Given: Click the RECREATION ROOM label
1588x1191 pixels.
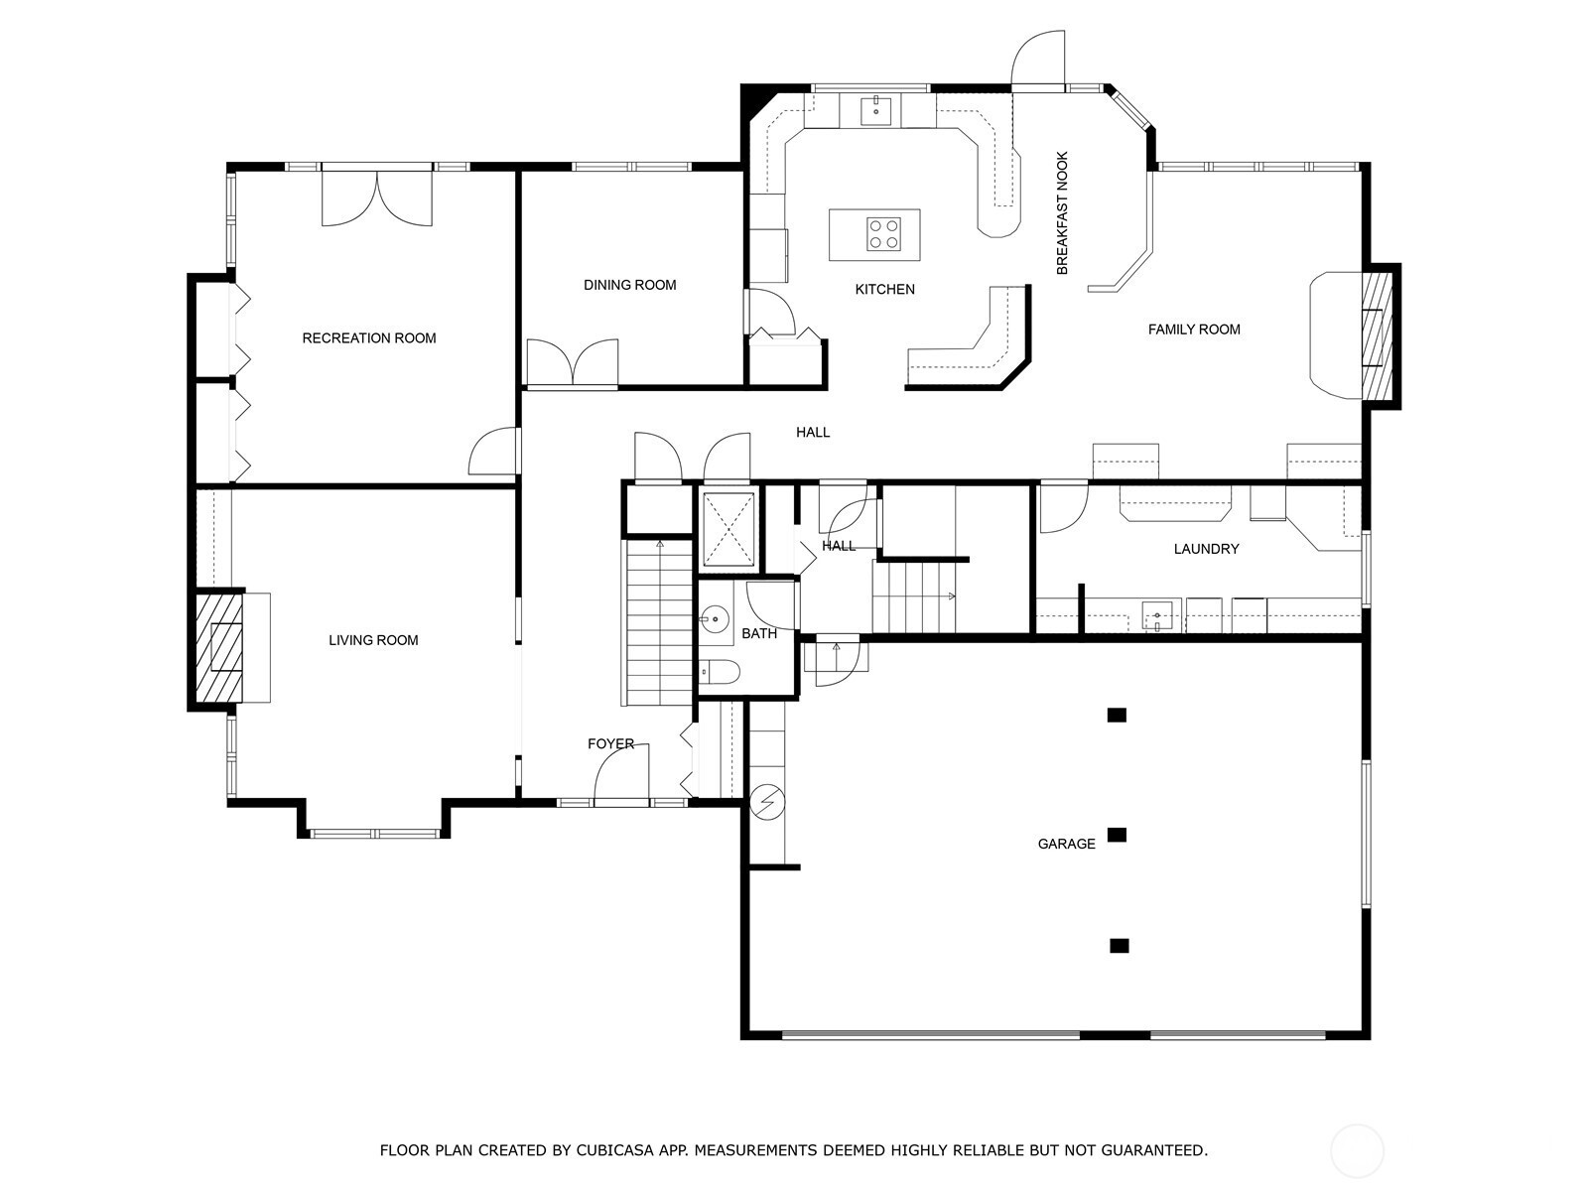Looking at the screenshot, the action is click(x=369, y=337).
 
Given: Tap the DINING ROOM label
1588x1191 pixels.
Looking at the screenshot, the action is click(x=629, y=285).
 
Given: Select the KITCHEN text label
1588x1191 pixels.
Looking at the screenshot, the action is click(x=884, y=289).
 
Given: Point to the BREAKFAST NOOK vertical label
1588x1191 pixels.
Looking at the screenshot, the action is click(x=1062, y=212).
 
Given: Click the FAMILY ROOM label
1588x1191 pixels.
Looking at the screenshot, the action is click(x=1194, y=330).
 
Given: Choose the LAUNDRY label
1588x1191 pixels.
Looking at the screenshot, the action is click(x=1206, y=549).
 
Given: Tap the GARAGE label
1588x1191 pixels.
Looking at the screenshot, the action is click(x=1066, y=844).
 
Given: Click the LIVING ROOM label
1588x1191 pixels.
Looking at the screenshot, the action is click(x=373, y=640).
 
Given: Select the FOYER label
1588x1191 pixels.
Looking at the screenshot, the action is click(x=610, y=743).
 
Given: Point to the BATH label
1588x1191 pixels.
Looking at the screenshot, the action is click(x=759, y=633).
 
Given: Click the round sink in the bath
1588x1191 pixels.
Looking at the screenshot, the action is click(x=715, y=618).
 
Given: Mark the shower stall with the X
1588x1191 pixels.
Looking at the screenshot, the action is click(x=728, y=529).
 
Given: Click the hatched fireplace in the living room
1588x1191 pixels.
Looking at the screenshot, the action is click(x=219, y=647).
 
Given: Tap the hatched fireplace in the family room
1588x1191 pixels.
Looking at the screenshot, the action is click(x=1378, y=335).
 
